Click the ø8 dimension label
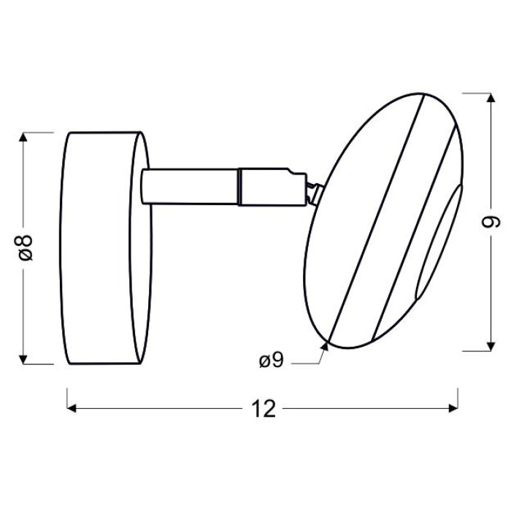(26, 247)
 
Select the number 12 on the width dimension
(264, 409)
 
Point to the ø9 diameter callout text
(272, 361)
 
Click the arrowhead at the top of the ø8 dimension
(23, 137)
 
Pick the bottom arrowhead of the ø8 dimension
(23, 359)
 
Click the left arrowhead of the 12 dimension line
(72, 408)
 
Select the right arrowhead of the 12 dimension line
(453, 408)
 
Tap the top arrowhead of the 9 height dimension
(491, 98)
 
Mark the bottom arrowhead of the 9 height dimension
(491, 347)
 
